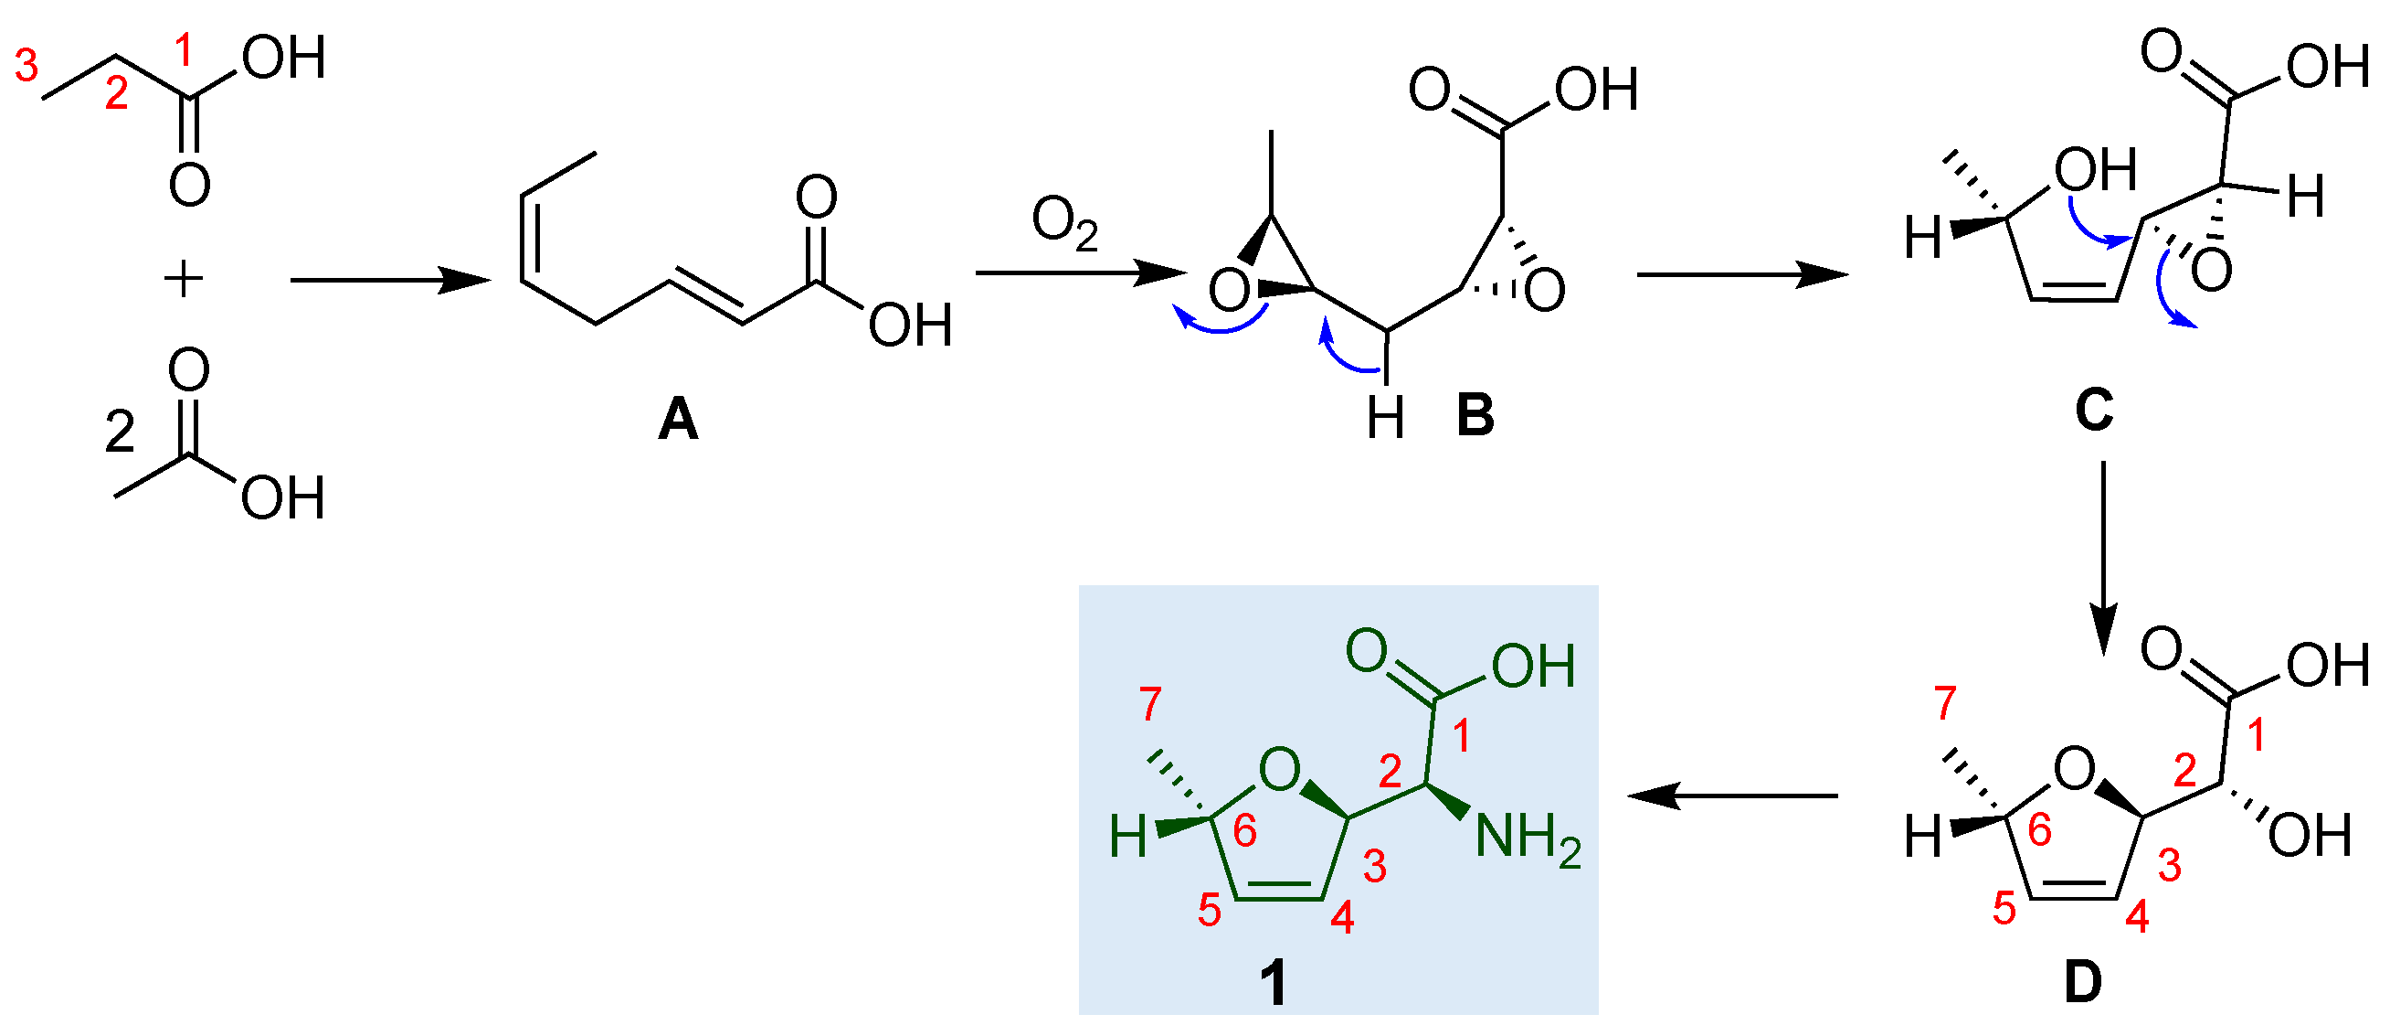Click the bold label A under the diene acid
(x=678, y=420)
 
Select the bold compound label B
(x=1475, y=415)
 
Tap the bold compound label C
(x=2094, y=410)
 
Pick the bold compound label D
(x=2083, y=982)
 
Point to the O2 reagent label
(x=1064, y=225)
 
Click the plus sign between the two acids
(x=184, y=279)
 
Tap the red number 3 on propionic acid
(x=26, y=66)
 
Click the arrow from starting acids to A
(x=390, y=280)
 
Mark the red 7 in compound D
(x=1945, y=704)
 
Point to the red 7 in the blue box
(x=1150, y=705)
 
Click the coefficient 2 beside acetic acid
(x=120, y=433)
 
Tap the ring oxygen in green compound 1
(x=1279, y=770)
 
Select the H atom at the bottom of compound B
(x=1385, y=418)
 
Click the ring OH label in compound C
(x=2095, y=171)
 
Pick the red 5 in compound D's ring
(x=2004, y=910)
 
